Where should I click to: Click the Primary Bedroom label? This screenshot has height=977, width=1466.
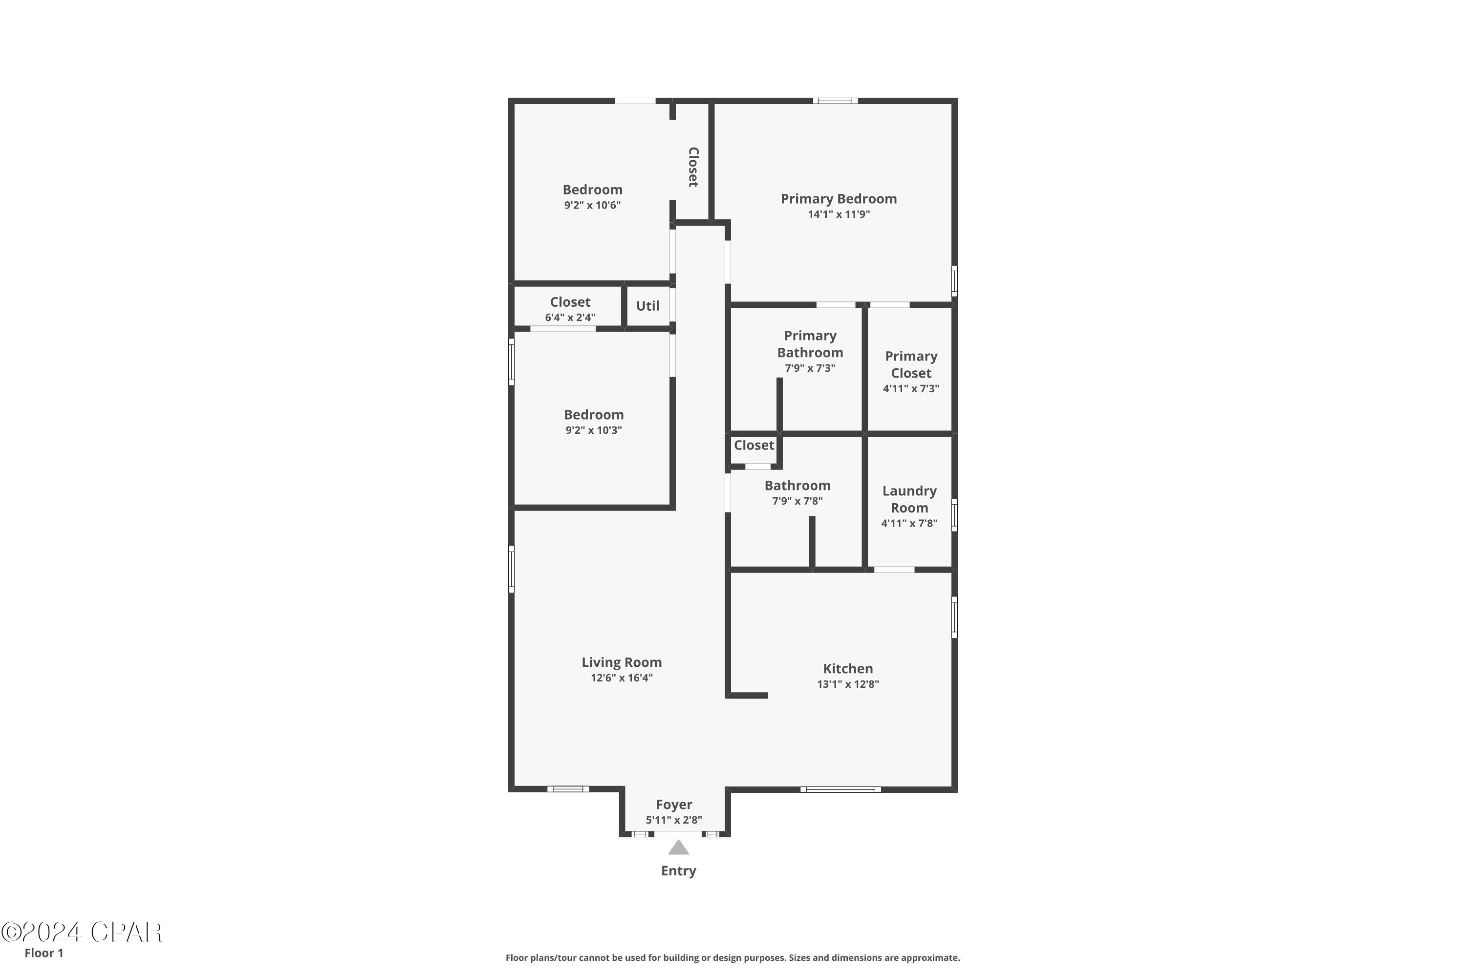tap(839, 199)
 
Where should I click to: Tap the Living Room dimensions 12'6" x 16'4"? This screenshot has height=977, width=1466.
tap(622, 678)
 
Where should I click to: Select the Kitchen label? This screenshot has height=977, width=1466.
tap(848, 669)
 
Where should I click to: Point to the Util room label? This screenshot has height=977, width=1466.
tap(647, 306)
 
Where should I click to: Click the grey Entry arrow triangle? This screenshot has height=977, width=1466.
tap(678, 848)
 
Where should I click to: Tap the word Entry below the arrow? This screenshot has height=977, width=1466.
tap(678, 871)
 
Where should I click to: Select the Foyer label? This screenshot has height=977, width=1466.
tap(674, 805)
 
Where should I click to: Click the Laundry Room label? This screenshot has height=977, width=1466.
tap(909, 499)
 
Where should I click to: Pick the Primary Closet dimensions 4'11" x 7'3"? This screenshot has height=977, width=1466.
tap(911, 389)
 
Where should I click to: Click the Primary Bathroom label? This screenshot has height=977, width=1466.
tap(810, 344)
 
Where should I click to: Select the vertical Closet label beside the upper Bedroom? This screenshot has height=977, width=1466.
tap(692, 167)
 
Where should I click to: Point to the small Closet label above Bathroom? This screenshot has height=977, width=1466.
tap(754, 446)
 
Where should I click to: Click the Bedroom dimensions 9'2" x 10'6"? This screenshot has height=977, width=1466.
tap(592, 206)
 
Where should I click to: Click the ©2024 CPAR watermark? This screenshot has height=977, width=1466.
tap(82, 933)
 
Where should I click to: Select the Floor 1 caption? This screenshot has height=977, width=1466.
tap(43, 953)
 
